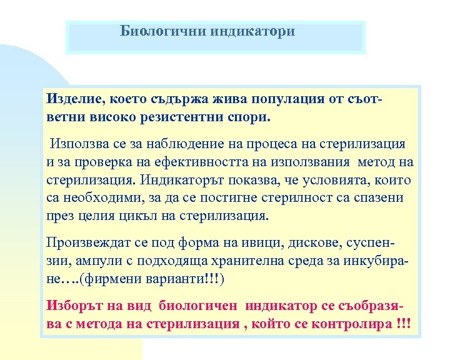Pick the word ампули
[91, 261]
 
